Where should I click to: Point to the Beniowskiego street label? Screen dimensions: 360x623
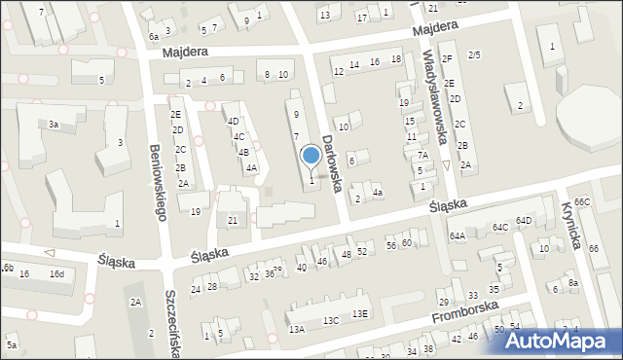[x=156, y=181]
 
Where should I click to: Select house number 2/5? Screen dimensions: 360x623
[x=474, y=54]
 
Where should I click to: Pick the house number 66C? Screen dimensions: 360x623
[x=582, y=201]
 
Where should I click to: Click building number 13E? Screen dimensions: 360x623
[x=360, y=313]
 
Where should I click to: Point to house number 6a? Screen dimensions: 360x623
[x=153, y=36]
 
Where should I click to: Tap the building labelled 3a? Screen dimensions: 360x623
[x=54, y=125]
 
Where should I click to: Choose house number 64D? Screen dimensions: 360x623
[x=524, y=221]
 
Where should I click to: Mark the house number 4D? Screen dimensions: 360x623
[x=233, y=122]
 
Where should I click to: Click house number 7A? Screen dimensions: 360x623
[x=422, y=155]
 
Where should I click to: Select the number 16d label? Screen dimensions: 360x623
[x=57, y=274]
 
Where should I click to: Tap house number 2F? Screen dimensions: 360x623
[x=447, y=58]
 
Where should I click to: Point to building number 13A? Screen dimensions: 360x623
[x=297, y=329]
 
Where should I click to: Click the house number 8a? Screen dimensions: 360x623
[x=573, y=282]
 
